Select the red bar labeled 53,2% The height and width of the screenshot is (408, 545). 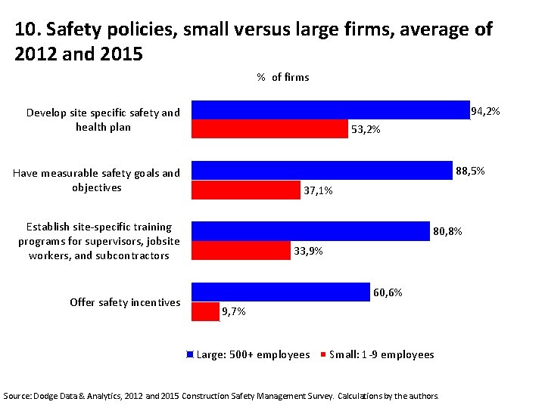(269, 129)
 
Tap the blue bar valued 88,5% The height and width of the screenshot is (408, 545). (322, 171)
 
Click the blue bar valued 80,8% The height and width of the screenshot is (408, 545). (310, 230)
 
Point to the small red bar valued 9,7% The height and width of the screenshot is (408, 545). (205, 311)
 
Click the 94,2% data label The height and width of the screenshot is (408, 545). (485, 112)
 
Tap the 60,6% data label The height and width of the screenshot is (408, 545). (388, 292)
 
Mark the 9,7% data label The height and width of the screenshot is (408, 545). (233, 311)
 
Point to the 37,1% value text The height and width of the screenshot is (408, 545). (318, 190)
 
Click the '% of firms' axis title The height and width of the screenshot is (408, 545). (282, 77)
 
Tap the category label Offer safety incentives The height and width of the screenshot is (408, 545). (125, 302)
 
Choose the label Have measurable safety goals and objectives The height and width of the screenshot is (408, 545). (97, 180)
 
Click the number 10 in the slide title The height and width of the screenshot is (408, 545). (25, 29)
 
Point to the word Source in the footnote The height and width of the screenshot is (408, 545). (18, 395)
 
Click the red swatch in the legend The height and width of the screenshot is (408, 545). (323, 354)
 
